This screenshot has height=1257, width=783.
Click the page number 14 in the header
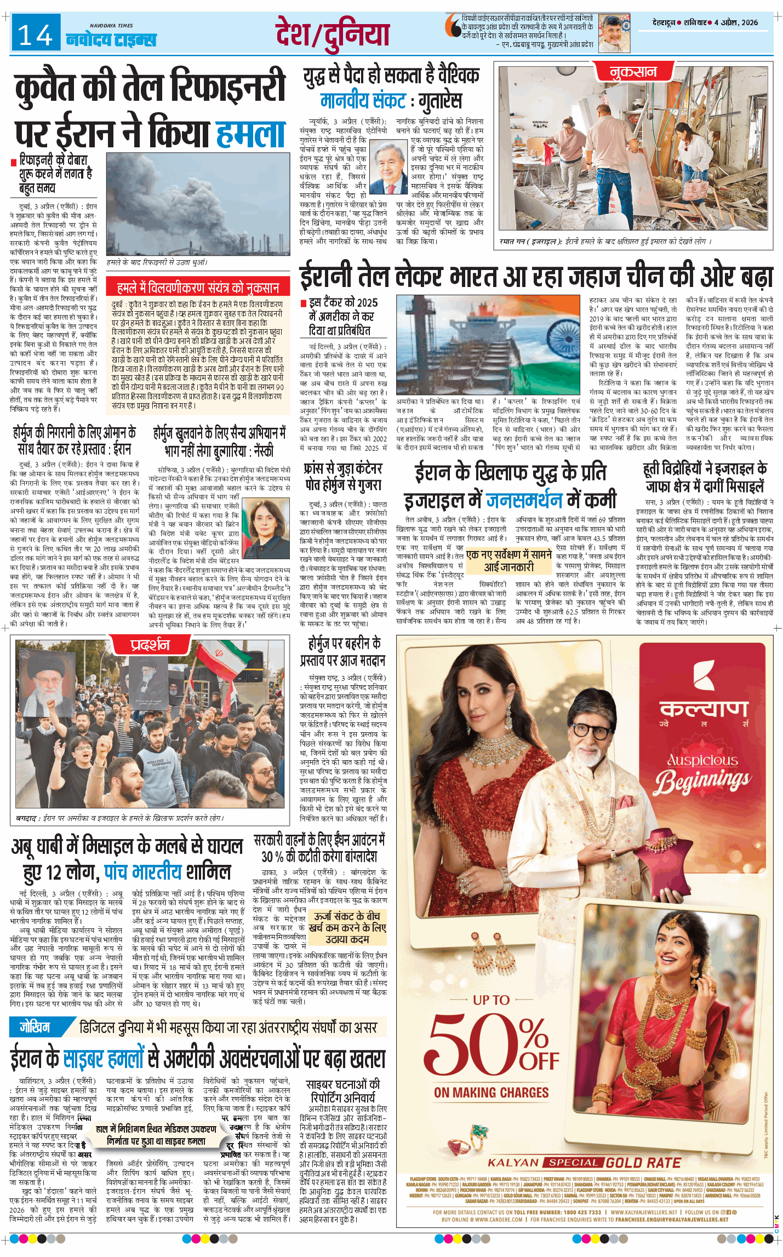pyautogui.click(x=35, y=36)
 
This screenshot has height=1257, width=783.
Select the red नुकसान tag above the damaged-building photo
pyautogui.click(x=633, y=72)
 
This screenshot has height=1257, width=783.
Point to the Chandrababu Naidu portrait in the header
pyautogui.click(x=614, y=33)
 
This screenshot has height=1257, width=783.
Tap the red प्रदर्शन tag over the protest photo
pyautogui.click(x=150, y=644)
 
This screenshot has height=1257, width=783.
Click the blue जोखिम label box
pyautogui.click(x=35, y=1027)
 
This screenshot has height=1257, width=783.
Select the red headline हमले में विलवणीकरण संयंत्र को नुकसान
pyautogui.click(x=198, y=288)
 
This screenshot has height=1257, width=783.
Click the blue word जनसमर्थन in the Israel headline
pyautogui.click(x=524, y=500)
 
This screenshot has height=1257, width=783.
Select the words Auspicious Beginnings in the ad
pyautogui.click(x=703, y=773)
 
